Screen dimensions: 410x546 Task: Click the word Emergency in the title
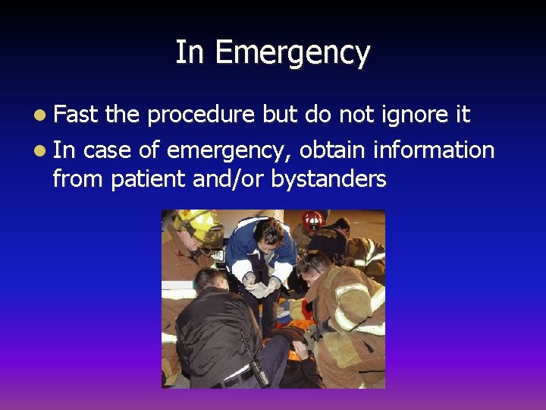tap(293, 54)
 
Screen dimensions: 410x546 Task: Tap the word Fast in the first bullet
tap(77, 115)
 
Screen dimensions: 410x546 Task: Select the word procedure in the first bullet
tap(202, 115)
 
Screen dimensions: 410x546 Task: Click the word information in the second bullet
tap(434, 150)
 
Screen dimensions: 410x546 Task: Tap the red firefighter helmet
tap(312, 220)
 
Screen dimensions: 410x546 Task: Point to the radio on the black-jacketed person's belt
tap(258, 371)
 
